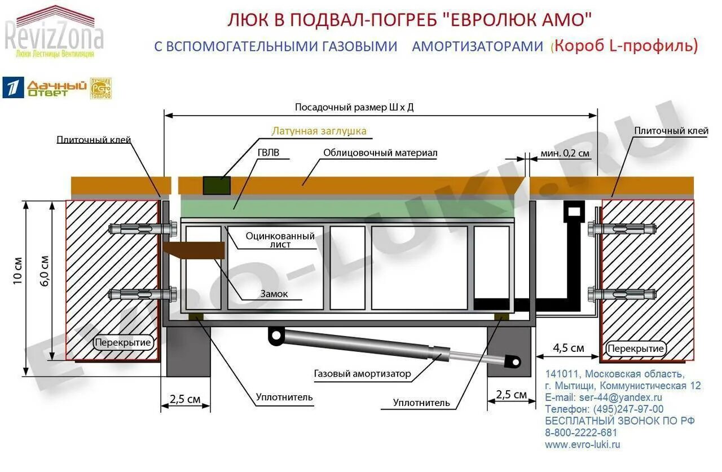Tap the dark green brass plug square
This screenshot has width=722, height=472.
[217, 186]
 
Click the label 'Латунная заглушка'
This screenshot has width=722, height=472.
[319, 131]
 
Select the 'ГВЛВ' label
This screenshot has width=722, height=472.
[268, 153]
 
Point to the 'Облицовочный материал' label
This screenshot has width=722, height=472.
[380, 153]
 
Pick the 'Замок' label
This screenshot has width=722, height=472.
[274, 294]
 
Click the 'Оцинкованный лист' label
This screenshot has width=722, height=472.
[280, 240]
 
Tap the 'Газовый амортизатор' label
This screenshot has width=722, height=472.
[363, 374]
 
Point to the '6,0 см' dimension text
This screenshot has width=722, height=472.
[45, 271]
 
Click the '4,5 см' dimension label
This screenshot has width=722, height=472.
[568, 347]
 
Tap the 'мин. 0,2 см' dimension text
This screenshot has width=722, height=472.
[565, 153]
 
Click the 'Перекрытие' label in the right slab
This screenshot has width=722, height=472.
[636, 349]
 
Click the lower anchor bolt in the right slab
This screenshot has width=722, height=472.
[622, 294]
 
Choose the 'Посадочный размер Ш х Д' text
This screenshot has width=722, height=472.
[354, 107]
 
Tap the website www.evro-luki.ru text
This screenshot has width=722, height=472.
[583, 444]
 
